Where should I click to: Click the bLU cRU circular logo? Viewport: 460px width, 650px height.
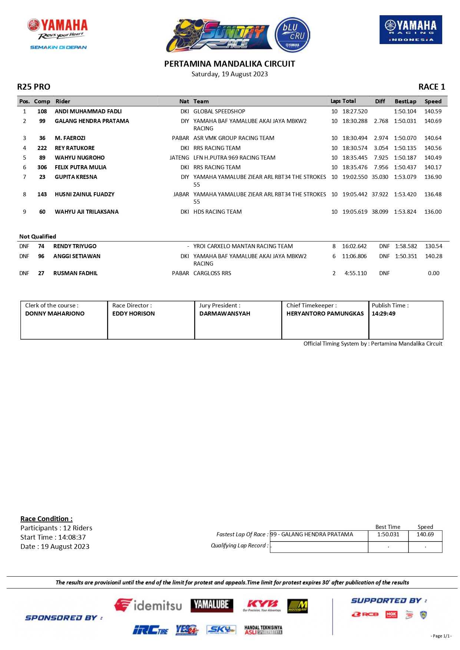tap(292, 35)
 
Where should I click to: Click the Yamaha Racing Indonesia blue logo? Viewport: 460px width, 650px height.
tap(410, 30)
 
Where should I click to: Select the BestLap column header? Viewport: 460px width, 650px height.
tap(405, 101)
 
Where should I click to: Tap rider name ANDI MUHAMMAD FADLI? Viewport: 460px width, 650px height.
tap(88, 111)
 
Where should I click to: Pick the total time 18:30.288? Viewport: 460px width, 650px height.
tap(355, 121)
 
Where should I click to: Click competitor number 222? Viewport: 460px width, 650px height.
tap(42, 148)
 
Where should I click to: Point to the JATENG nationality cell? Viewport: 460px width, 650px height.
tap(179, 157)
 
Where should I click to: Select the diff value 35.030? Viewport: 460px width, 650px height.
tap(380, 177)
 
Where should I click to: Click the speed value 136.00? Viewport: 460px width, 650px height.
tap(433, 211)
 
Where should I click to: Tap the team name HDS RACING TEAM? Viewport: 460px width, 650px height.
tap(218, 211)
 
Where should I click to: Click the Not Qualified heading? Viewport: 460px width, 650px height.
tap(38, 236)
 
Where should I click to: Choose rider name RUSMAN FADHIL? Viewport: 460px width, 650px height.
tap(75, 273)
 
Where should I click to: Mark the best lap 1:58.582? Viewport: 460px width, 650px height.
tap(406, 246)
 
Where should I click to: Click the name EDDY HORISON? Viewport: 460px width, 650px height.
tap(133, 313)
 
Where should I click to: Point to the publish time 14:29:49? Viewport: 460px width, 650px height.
tap(384, 313)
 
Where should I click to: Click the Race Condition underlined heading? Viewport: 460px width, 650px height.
tap(46, 519)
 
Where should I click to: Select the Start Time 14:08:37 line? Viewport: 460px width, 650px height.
tap(53, 537)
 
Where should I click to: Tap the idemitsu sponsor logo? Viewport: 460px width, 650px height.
tap(148, 605)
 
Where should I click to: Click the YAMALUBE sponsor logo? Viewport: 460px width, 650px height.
tap(212, 605)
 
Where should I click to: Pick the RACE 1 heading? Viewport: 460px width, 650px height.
tap(431, 87)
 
